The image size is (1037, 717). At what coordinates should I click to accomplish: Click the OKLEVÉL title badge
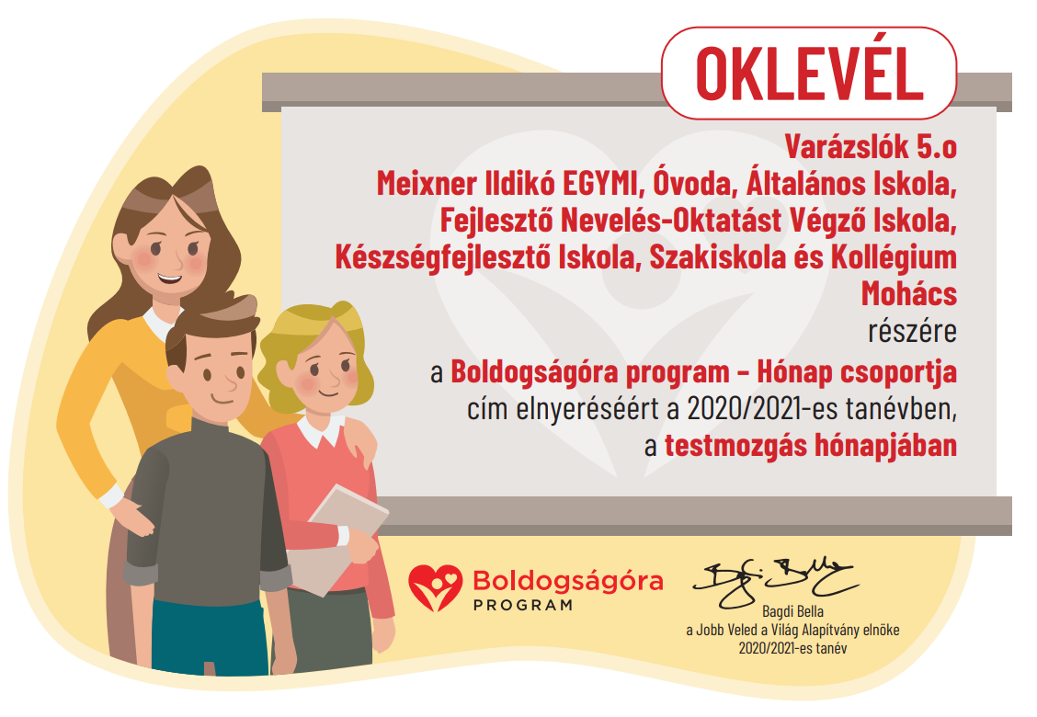point(809,73)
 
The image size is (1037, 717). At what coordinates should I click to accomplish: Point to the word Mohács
point(908,293)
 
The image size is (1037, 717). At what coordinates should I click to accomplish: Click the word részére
point(912,331)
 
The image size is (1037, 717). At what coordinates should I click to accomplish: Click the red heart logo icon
point(435,587)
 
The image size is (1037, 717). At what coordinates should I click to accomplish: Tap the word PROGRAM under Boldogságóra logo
point(522,605)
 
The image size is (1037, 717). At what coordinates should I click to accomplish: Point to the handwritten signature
point(775,581)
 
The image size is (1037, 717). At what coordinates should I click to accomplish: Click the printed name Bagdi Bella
point(793,611)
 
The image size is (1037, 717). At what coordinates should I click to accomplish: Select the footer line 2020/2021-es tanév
point(792,648)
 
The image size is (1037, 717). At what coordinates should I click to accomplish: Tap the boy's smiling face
point(219,377)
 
